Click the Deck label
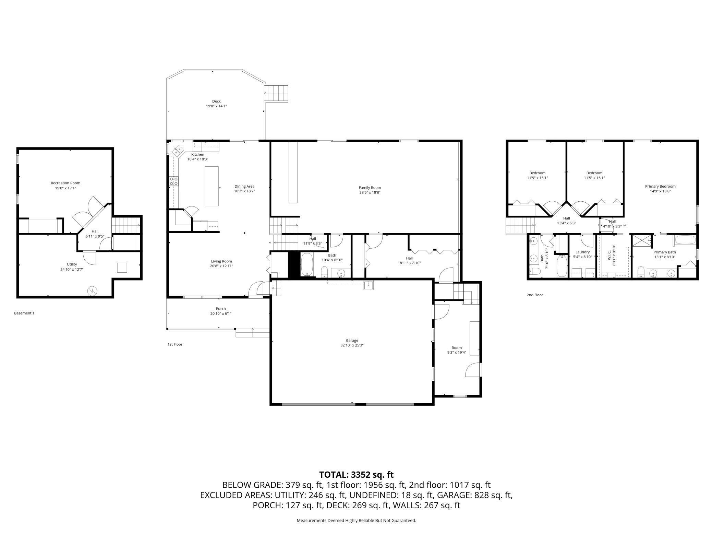[x=216, y=101]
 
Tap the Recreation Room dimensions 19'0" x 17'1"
[x=65, y=188]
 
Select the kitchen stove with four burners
[x=174, y=181]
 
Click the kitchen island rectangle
[x=212, y=186]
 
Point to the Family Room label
[x=370, y=188]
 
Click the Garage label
[x=352, y=341]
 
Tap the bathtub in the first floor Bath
[x=307, y=264]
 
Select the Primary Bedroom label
[x=660, y=187]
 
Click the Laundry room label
[x=582, y=252]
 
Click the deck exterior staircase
[x=277, y=93]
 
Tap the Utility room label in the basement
[x=72, y=264]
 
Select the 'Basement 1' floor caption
[x=24, y=313]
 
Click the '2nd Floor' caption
[x=535, y=295]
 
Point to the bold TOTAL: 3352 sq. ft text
[x=356, y=475]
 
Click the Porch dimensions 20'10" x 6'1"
[x=221, y=313]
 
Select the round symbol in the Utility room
[x=92, y=291]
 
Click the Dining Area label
[x=244, y=187]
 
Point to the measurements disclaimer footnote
[x=356, y=521]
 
